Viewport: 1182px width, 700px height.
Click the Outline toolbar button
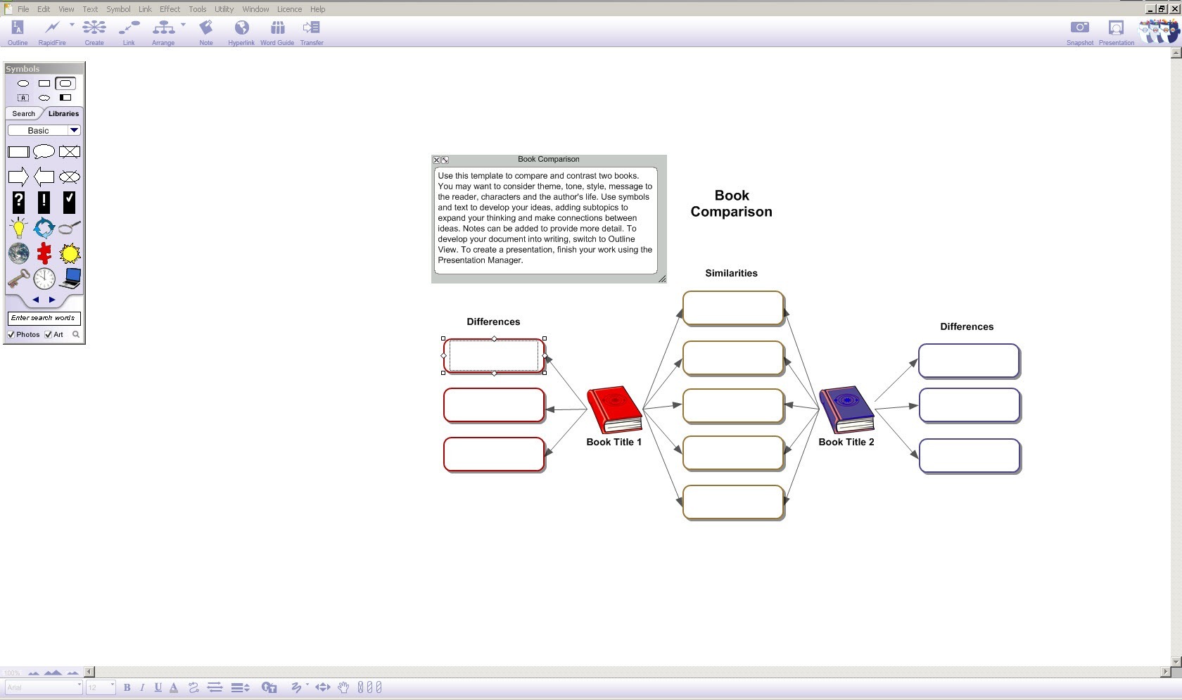tap(18, 32)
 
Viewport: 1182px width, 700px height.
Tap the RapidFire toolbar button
tap(52, 32)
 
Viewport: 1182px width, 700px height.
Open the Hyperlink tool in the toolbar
tap(241, 32)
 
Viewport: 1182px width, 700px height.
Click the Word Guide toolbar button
tap(277, 32)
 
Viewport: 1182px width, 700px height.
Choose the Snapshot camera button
tap(1079, 32)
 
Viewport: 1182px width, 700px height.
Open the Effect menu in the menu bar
tap(170, 9)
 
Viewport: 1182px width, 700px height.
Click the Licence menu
tap(289, 9)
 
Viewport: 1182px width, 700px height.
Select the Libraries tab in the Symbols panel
tap(63, 113)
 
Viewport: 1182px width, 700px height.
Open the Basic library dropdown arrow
tap(74, 130)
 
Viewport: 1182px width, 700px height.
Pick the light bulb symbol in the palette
tap(18, 228)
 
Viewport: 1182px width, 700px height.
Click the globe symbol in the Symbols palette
tap(18, 253)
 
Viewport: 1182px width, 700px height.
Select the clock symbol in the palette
tap(44, 279)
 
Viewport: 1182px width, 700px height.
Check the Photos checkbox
tap(11, 335)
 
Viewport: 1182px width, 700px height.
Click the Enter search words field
tap(44, 318)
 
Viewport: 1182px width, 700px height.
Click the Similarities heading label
tap(731, 273)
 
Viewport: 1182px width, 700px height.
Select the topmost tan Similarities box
tap(733, 308)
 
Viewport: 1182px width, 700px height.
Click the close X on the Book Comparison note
tap(436, 160)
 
